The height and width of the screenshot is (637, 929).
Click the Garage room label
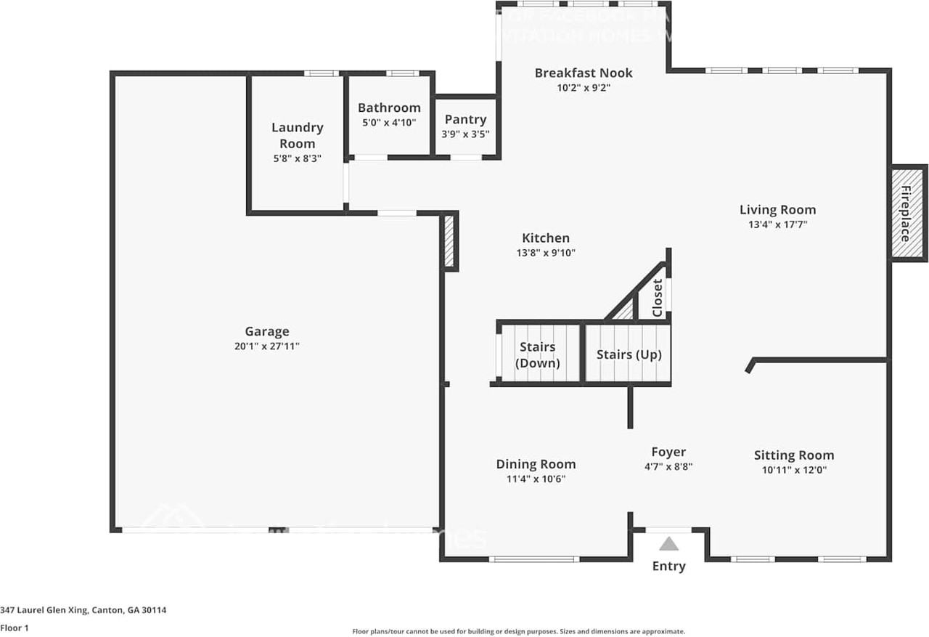tap(266, 331)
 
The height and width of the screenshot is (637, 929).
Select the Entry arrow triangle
tap(668, 544)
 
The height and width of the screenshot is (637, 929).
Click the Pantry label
tap(465, 119)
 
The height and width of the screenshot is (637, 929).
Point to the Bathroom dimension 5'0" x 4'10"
tap(388, 123)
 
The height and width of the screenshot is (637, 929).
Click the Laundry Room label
tap(297, 135)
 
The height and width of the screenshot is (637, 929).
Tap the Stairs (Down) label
tap(537, 355)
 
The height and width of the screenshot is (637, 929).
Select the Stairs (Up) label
tap(629, 354)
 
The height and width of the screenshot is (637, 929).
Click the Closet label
tap(658, 298)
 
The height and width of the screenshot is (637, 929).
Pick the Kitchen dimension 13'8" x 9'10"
tap(546, 253)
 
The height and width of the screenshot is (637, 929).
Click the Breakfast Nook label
tap(584, 73)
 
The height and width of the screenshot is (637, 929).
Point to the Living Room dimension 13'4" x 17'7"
tap(777, 225)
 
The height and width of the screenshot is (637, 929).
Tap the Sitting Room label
tap(793, 455)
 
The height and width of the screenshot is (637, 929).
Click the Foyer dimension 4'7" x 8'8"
tap(668, 467)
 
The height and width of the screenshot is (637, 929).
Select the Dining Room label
tap(536, 464)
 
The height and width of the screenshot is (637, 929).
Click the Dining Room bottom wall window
tap(533, 559)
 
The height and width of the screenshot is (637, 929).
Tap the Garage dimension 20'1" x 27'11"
tap(266, 346)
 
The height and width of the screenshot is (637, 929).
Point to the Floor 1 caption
tap(15, 628)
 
